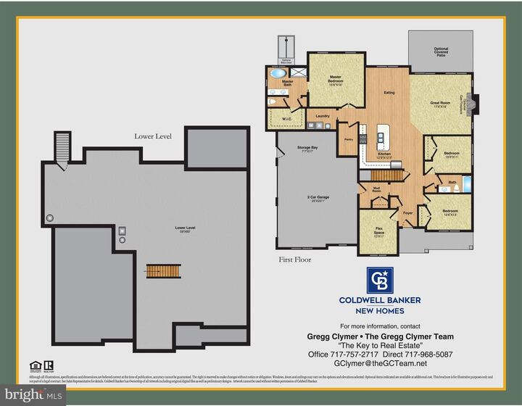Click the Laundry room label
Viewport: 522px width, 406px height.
pyautogui.click(x=323, y=115)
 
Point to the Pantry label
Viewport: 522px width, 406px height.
pyautogui.click(x=348, y=139)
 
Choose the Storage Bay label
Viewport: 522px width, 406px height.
pyautogui.click(x=304, y=149)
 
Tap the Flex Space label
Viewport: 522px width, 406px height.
pyautogui.click(x=378, y=233)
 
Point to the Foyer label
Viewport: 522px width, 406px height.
pyautogui.click(x=407, y=214)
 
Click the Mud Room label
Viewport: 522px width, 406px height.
pyautogui.click(x=377, y=191)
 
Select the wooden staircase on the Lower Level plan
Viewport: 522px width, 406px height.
pyautogui.click(x=163, y=270)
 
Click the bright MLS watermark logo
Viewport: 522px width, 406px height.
pyautogui.click(x=33, y=394)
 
